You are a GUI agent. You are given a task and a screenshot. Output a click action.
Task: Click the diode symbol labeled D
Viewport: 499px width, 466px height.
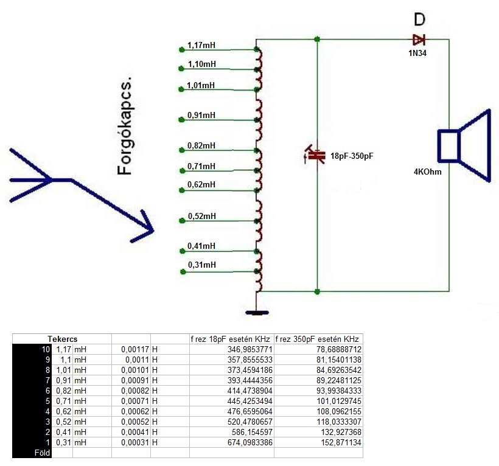(419, 40)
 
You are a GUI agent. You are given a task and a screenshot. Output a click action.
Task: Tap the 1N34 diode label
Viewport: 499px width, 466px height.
(417, 54)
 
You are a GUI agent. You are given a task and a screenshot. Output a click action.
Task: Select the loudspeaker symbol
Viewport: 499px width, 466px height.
(464, 145)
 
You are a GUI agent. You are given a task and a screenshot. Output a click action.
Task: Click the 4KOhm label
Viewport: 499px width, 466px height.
(427, 172)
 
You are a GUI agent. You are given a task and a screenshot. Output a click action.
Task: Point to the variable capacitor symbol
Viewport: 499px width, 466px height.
(315, 156)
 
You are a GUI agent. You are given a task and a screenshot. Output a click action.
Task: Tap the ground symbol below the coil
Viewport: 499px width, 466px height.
(256, 313)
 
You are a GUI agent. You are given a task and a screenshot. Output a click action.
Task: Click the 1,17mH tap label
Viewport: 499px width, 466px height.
(201, 46)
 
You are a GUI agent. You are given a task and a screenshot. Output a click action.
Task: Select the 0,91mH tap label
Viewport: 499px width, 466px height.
(201, 115)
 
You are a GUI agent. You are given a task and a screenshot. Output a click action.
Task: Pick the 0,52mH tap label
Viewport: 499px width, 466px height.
(201, 216)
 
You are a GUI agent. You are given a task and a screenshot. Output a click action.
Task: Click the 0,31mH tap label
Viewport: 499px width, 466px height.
(201, 265)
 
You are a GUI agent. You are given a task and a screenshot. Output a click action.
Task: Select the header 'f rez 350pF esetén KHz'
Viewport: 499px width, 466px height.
(318, 339)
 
